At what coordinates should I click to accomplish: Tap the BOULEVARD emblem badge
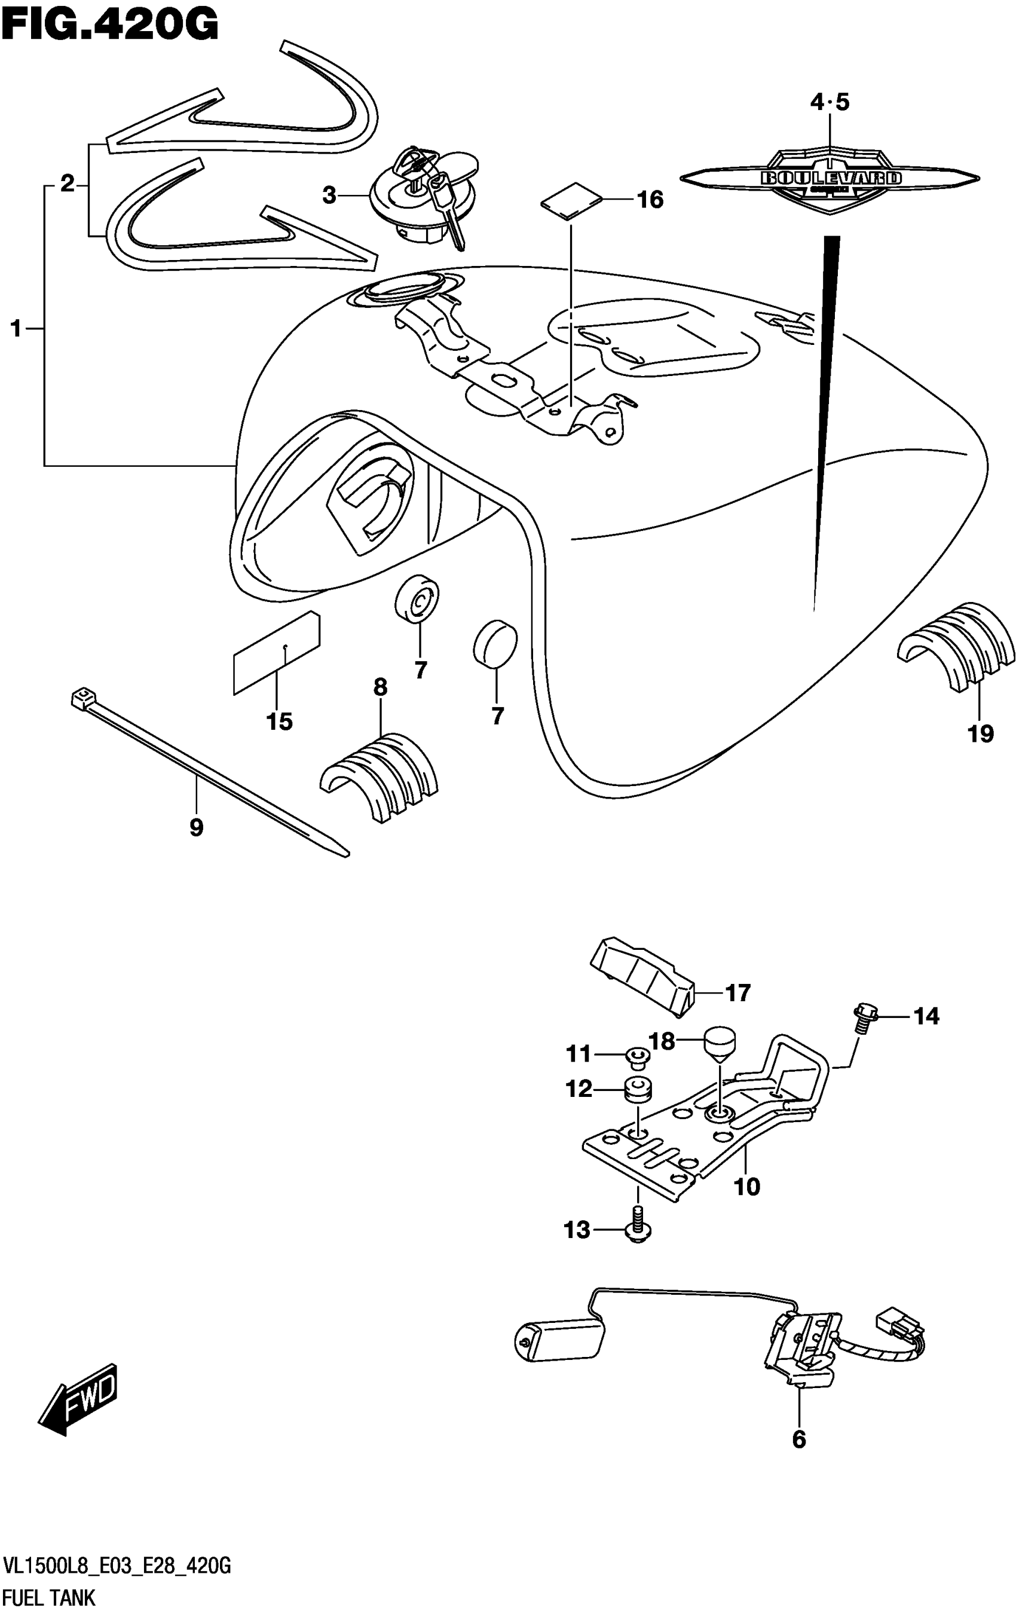pyautogui.click(x=830, y=179)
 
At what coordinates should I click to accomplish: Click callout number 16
pyautogui.click(x=650, y=200)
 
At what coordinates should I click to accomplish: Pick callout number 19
pyautogui.click(x=980, y=733)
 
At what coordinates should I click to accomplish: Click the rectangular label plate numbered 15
pyautogui.click(x=277, y=652)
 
